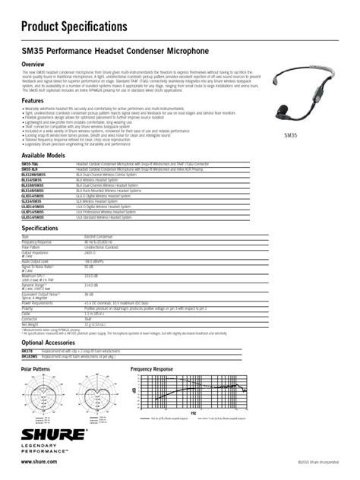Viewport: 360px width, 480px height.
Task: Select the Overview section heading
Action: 37,64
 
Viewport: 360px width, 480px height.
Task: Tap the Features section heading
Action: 36,101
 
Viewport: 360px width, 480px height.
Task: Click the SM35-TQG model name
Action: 31,163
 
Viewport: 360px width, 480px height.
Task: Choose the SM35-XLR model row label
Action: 31,168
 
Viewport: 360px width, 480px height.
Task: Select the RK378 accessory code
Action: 27,350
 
